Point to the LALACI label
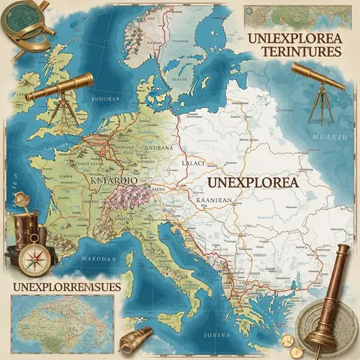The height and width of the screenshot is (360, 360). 194,164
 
